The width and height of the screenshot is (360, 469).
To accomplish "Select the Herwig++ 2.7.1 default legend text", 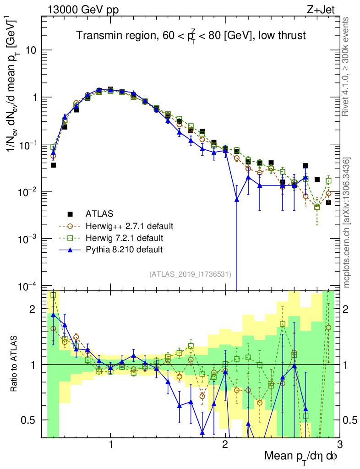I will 129,226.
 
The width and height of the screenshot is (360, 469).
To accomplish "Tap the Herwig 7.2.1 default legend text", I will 125,238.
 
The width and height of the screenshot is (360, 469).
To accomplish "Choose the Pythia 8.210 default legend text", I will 124,250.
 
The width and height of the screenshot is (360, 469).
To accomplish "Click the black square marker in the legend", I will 70,213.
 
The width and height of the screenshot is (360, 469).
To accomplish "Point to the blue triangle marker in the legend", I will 70,249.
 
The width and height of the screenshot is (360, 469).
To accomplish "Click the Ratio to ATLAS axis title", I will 14,365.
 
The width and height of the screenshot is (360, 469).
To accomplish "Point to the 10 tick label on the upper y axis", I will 32,50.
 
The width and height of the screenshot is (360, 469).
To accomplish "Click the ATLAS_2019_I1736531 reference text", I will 190,274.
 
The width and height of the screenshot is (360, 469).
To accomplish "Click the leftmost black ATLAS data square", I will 53,165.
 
